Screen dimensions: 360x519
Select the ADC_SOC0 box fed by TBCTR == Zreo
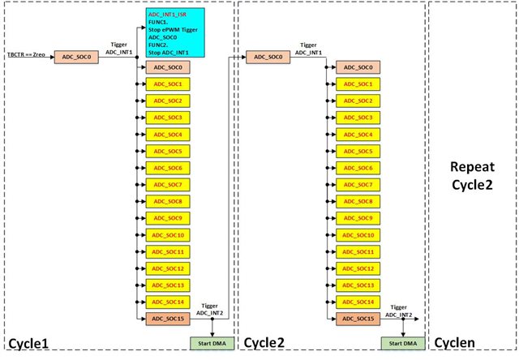tap(78, 58)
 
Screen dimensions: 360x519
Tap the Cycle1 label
tap(29, 345)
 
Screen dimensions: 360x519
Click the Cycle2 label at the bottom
tap(264, 345)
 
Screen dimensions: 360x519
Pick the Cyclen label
tap(457, 345)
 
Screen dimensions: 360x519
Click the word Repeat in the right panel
tap(472, 168)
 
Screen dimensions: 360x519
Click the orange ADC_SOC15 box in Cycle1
tap(168, 319)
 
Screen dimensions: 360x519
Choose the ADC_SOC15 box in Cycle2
tap(359, 319)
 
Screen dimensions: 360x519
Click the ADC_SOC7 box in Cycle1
tap(168, 185)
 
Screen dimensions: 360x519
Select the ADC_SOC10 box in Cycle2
tap(359, 235)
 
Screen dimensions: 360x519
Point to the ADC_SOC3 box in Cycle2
tap(359, 118)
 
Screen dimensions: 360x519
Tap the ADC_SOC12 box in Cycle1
tap(168, 268)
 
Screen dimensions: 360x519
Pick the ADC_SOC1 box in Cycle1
tap(168, 84)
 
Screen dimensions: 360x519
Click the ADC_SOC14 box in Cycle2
tap(359, 302)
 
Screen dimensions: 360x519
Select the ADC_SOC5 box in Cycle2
tap(359, 151)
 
